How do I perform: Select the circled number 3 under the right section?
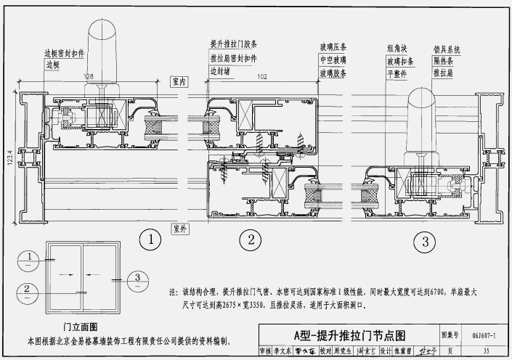click(x=426, y=240)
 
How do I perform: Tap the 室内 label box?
click(x=179, y=82)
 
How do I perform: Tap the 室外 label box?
click(x=179, y=229)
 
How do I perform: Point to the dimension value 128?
click(x=89, y=75)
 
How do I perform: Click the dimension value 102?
click(x=262, y=75)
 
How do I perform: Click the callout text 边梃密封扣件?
click(x=65, y=53)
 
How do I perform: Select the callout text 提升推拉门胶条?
click(x=234, y=44)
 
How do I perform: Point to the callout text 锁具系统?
click(x=447, y=49)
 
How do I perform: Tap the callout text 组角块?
click(x=398, y=49)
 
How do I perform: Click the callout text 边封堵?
click(x=220, y=71)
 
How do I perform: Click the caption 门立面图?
click(x=81, y=328)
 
